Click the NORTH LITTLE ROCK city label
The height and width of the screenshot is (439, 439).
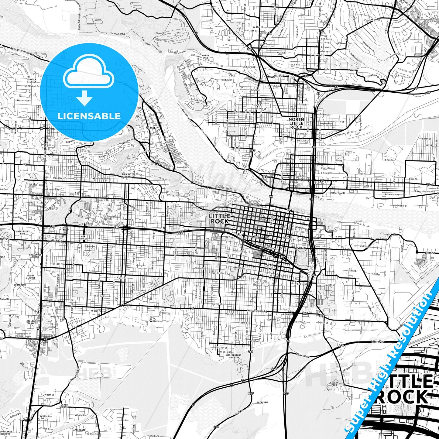coord(296,123)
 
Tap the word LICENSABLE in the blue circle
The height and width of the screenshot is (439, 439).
coord(89,116)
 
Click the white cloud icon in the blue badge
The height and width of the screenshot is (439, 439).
coord(89,74)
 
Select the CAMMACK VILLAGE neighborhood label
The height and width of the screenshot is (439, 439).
coord(32,81)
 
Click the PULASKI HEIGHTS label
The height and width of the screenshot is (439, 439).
coord(127,175)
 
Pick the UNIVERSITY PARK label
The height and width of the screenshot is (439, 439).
coord(23,233)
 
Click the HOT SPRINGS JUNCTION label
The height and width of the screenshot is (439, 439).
coord(234,356)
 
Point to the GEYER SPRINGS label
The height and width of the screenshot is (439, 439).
coord(64,406)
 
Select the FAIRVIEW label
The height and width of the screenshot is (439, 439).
coord(262,402)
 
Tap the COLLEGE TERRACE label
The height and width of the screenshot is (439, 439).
coord(31,322)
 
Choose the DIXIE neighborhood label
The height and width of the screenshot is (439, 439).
coord(429,145)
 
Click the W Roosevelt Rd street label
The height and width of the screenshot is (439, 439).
coord(257,311)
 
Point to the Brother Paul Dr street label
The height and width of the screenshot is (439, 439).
coord(338,193)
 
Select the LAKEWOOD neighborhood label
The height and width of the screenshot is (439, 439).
coord(375,20)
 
